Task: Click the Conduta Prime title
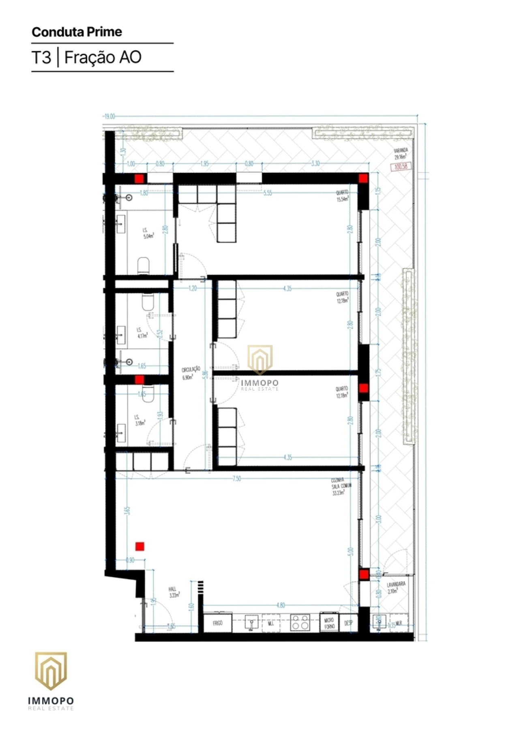[x=77, y=32]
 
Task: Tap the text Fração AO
[x=103, y=57]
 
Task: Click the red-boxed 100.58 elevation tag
[x=401, y=166]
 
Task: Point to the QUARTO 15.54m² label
[x=343, y=196]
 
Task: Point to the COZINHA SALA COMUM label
[x=341, y=486]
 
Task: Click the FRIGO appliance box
[x=218, y=623]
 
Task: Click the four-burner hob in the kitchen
[x=300, y=622]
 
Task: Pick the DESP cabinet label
[x=348, y=623]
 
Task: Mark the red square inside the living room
[x=140, y=546]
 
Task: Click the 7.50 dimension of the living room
[x=237, y=479]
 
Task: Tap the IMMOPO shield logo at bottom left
[x=51, y=671]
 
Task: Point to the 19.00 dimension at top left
[x=109, y=116]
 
